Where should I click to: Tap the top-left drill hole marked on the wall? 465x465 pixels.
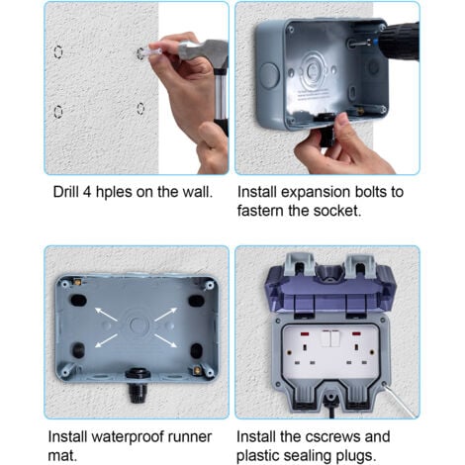click(58, 50)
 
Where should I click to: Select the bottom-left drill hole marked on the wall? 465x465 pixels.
click(58, 111)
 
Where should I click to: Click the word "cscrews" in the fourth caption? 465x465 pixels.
click(332, 435)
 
